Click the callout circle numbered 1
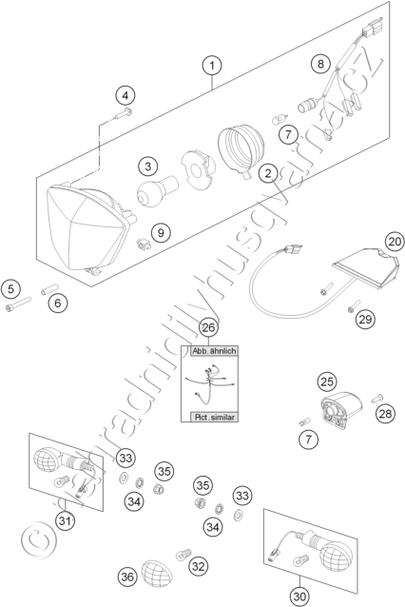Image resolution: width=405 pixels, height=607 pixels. coord(212,65)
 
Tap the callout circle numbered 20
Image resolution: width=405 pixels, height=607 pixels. coord(395,242)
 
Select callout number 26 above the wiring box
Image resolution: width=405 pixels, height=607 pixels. coord(208,327)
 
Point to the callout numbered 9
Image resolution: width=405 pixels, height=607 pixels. coord(161,233)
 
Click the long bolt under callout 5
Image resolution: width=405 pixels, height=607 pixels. coord(18,303)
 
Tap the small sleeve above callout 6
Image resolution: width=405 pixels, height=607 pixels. coord(49,289)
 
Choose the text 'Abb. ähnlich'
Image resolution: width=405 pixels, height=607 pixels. coord(214,351)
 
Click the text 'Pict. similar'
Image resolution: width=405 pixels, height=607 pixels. coord(214,418)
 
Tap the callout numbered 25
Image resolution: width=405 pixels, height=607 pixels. coord(327,382)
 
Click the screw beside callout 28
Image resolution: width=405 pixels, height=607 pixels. coord(376,398)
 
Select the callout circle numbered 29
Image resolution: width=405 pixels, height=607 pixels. coord(365,320)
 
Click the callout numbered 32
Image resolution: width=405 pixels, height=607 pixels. coord(198,566)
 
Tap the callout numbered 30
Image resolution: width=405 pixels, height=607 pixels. coord(299,597)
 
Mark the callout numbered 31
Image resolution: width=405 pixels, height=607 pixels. coord(65,521)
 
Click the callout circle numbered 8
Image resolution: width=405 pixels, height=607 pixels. coord(320,63)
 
